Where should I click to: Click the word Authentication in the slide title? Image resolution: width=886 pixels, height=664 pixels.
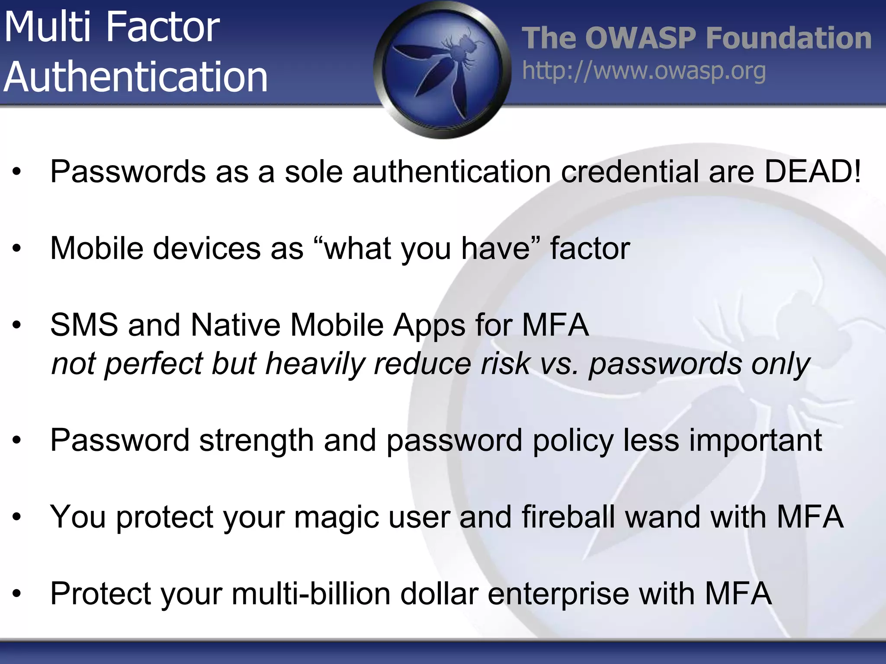tap(136, 77)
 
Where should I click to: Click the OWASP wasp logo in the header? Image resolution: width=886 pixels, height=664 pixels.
tap(442, 69)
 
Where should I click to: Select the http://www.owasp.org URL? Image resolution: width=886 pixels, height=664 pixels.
tap(644, 71)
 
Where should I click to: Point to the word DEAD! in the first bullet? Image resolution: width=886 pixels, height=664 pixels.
tap(812, 172)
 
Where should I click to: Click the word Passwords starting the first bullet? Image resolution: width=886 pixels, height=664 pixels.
tap(128, 172)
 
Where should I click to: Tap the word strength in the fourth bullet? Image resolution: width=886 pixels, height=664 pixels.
tap(257, 441)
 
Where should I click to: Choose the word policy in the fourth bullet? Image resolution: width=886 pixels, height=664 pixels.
tap(573, 441)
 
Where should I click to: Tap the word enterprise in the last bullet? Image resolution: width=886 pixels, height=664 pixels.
tap(558, 594)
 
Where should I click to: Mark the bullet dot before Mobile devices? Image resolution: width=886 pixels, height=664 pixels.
tap(17, 249)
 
